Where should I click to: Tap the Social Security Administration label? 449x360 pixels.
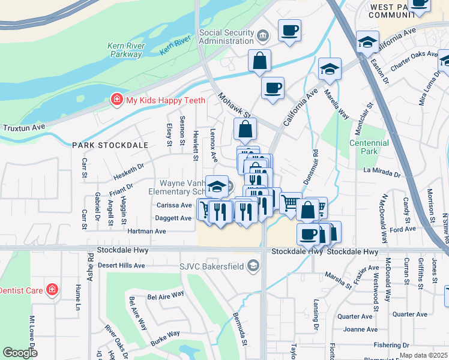coord(226,37)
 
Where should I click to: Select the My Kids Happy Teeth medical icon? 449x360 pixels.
coord(116,101)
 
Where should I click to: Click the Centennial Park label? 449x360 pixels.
coord(369,147)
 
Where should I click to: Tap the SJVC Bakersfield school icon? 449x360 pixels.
coord(254,265)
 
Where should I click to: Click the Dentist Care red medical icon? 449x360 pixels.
coord(53,290)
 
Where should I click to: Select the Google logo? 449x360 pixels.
coord(20,353)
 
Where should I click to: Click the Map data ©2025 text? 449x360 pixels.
coord(423,355)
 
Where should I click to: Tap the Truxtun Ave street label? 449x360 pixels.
coord(24,128)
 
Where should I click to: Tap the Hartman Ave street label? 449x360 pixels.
coord(146,231)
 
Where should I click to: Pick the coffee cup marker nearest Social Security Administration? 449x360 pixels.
coord(289,30)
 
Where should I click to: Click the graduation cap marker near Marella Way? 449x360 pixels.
coord(330,69)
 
